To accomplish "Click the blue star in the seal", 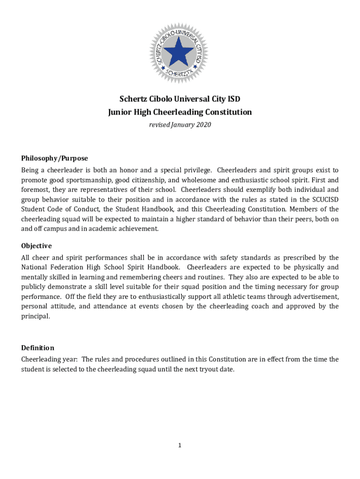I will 178,51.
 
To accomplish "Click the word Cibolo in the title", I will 159,99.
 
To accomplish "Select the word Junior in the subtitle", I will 120,112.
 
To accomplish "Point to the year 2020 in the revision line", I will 203,124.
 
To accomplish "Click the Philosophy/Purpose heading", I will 54,158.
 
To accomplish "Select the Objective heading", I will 36,246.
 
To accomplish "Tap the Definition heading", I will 37,348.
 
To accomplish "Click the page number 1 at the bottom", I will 180,445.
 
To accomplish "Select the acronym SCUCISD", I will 324,199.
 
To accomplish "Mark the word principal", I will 35,316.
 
